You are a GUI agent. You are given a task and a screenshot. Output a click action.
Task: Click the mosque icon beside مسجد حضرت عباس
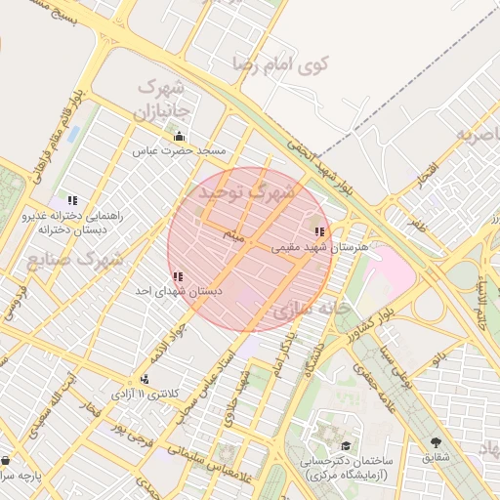pos(179,136)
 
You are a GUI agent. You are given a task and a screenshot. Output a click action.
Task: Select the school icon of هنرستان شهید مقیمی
pos(319,231)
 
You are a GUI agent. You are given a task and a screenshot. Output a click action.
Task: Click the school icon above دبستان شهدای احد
pos(177,276)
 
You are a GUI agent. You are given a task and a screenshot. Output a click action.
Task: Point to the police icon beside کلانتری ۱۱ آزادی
pos(145,378)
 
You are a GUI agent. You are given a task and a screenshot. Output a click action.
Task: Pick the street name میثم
pos(234,235)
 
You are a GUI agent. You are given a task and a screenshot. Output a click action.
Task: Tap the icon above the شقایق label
pos(436,441)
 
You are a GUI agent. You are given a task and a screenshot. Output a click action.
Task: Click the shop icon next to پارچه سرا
pos(7,460)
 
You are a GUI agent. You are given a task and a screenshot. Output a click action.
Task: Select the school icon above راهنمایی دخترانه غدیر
pos(72,199)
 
